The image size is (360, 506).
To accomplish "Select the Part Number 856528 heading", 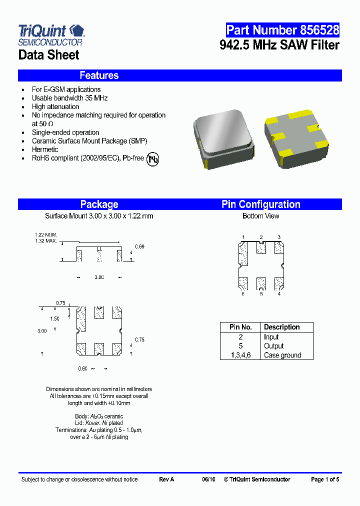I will click(282, 30).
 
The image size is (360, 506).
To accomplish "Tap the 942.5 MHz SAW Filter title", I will click(279, 45).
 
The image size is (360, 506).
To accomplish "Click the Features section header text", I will click(99, 75).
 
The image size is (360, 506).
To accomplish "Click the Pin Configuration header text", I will click(260, 204).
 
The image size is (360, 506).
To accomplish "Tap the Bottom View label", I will click(260, 216).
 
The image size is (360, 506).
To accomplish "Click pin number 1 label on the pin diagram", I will click(243, 237).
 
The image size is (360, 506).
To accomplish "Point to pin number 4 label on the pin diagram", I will click(279, 294).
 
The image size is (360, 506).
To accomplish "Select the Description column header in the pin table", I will click(281, 327).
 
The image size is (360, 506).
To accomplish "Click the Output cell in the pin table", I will click(273, 346).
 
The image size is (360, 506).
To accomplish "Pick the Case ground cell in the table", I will click(282, 355).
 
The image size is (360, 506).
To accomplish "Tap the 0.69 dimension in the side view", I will click(139, 247).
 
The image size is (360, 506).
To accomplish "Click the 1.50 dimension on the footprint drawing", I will click(54, 318).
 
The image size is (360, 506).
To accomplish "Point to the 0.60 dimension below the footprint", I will click(82, 369).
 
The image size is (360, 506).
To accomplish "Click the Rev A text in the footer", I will click(166, 479).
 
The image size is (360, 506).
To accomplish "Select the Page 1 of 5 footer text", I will click(325, 479).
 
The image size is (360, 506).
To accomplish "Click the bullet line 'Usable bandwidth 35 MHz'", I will click(69, 98).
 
